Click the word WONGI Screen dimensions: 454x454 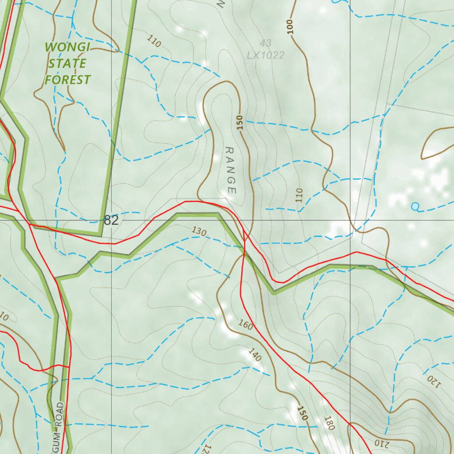click(67, 47)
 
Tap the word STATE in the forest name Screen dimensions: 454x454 click(67, 63)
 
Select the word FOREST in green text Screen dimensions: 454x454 click(67, 80)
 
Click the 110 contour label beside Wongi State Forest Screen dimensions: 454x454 click(153, 42)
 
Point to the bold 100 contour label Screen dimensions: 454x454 click(290, 27)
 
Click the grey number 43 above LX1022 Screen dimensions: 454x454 click(266, 43)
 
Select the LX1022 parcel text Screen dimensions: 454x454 click(266, 55)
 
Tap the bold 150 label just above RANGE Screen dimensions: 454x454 click(240, 122)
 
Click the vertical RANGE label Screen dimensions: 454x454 click(230, 170)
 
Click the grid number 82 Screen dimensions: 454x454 click(111, 220)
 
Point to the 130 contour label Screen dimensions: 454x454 click(200, 231)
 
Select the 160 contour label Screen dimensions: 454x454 click(245, 326)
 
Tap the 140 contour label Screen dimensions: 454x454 click(254, 355)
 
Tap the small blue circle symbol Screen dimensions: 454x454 click(415, 206)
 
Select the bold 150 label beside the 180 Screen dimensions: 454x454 click(302, 413)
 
